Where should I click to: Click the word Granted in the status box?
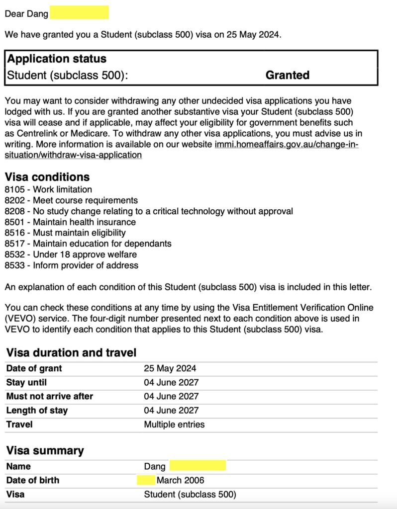click(x=287, y=75)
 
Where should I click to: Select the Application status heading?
click(x=57, y=59)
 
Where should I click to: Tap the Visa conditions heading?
click(x=47, y=177)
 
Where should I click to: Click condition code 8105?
click(x=14, y=189)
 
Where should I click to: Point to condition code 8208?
click(x=14, y=211)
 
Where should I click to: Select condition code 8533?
click(x=14, y=265)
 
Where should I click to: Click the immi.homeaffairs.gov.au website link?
click(x=286, y=145)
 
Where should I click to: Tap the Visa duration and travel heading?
click(x=71, y=353)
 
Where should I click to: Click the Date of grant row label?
click(x=34, y=368)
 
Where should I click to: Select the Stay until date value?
click(x=171, y=382)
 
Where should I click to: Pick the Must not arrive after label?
click(x=50, y=396)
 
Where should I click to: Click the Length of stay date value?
click(x=171, y=410)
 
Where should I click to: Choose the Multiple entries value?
click(x=174, y=424)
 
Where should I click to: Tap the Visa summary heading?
click(x=45, y=451)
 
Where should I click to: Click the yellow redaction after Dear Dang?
click(x=79, y=12)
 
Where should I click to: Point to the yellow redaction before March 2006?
click(x=146, y=480)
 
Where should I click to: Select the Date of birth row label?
click(x=33, y=480)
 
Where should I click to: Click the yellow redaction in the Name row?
click(x=198, y=466)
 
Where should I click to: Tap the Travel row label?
click(x=19, y=424)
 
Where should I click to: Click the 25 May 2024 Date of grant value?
click(x=170, y=368)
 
